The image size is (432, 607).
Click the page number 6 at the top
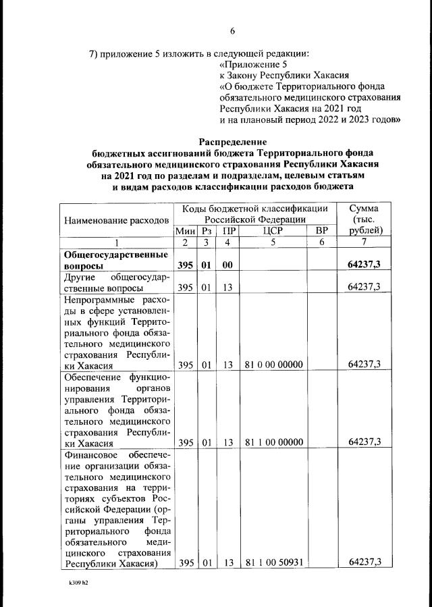pyautogui.click(x=232, y=30)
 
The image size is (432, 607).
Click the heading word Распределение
pyautogui.click(x=233, y=142)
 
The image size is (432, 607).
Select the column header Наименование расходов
pyautogui.click(x=115, y=220)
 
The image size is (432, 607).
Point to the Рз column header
pyautogui.click(x=206, y=231)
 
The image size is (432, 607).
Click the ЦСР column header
pyautogui.click(x=274, y=231)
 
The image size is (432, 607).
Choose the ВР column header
pyautogui.click(x=321, y=231)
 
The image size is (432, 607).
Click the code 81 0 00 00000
pyautogui.click(x=274, y=365)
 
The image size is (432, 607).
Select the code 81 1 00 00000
pyautogui.click(x=274, y=442)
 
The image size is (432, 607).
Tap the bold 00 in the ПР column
pyautogui.click(x=228, y=266)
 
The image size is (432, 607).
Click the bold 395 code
pyautogui.click(x=184, y=266)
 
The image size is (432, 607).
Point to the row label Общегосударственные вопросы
pyautogui.click(x=115, y=260)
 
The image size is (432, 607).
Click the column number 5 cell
pyautogui.click(x=274, y=242)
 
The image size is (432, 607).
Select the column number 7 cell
pyautogui.click(x=364, y=242)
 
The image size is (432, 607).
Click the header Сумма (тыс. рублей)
pyautogui.click(x=364, y=219)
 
